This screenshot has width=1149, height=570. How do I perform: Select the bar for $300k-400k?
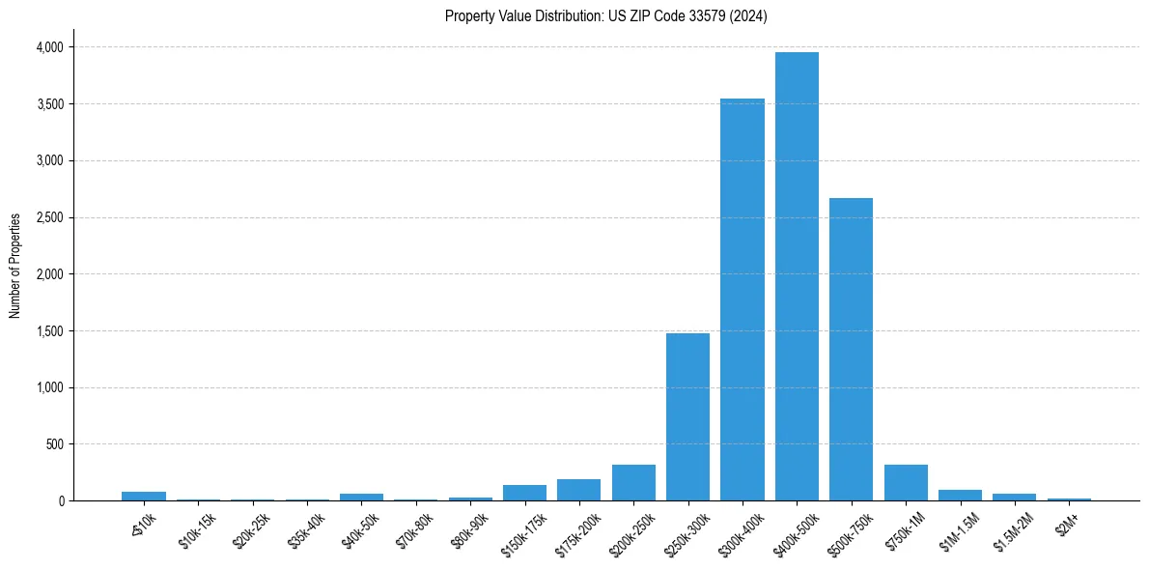tap(743, 299)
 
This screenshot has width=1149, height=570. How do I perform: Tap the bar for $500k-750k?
tap(851, 349)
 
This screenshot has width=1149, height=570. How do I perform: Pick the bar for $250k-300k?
tap(687, 416)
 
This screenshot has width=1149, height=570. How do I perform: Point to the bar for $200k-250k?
tap(633, 483)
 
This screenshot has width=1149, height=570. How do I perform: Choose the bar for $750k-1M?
tap(906, 483)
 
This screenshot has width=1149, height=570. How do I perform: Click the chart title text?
tap(605, 16)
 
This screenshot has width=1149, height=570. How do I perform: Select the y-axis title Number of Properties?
tap(15, 266)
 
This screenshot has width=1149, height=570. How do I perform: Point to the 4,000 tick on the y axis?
tap(48, 47)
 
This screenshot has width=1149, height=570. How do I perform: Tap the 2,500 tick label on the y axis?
tap(48, 217)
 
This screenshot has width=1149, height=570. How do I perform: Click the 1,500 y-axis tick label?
tap(48, 331)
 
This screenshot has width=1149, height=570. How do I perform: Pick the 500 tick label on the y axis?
tap(55, 444)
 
